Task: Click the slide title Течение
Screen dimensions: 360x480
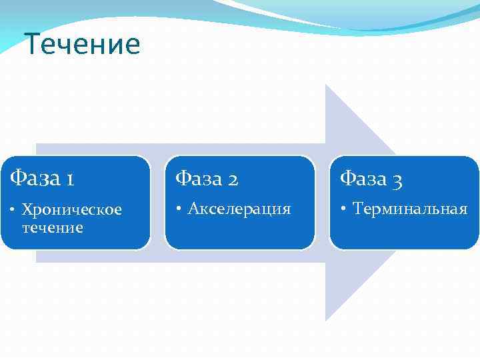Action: pyautogui.click(x=82, y=45)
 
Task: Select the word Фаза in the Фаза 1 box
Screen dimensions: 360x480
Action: pyautogui.click(x=34, y=178)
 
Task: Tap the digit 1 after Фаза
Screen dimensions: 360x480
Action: pyautogui.click(x=70, y=179)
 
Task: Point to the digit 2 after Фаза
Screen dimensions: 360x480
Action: pyautogui.click(x=234, y=179)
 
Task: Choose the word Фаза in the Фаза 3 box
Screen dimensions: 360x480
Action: pyautogui.click(x=365, y=178)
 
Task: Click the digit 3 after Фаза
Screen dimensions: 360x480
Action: pyautogui.click(x=398, y=179)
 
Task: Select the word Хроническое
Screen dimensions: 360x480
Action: pyautogui.click(x=72, y=210)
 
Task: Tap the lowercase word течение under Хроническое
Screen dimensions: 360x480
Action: pyautogui.click(x=53, y=227)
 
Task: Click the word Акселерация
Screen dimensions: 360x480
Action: pyautogui.click(x=239, y=209)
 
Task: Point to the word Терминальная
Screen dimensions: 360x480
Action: pyautogui.click(x=410, y=209)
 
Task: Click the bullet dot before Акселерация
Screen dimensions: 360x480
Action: pyautogui.click(x=179, y=209)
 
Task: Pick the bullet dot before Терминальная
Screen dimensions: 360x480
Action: pyautogui.click(x=344, y=209)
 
